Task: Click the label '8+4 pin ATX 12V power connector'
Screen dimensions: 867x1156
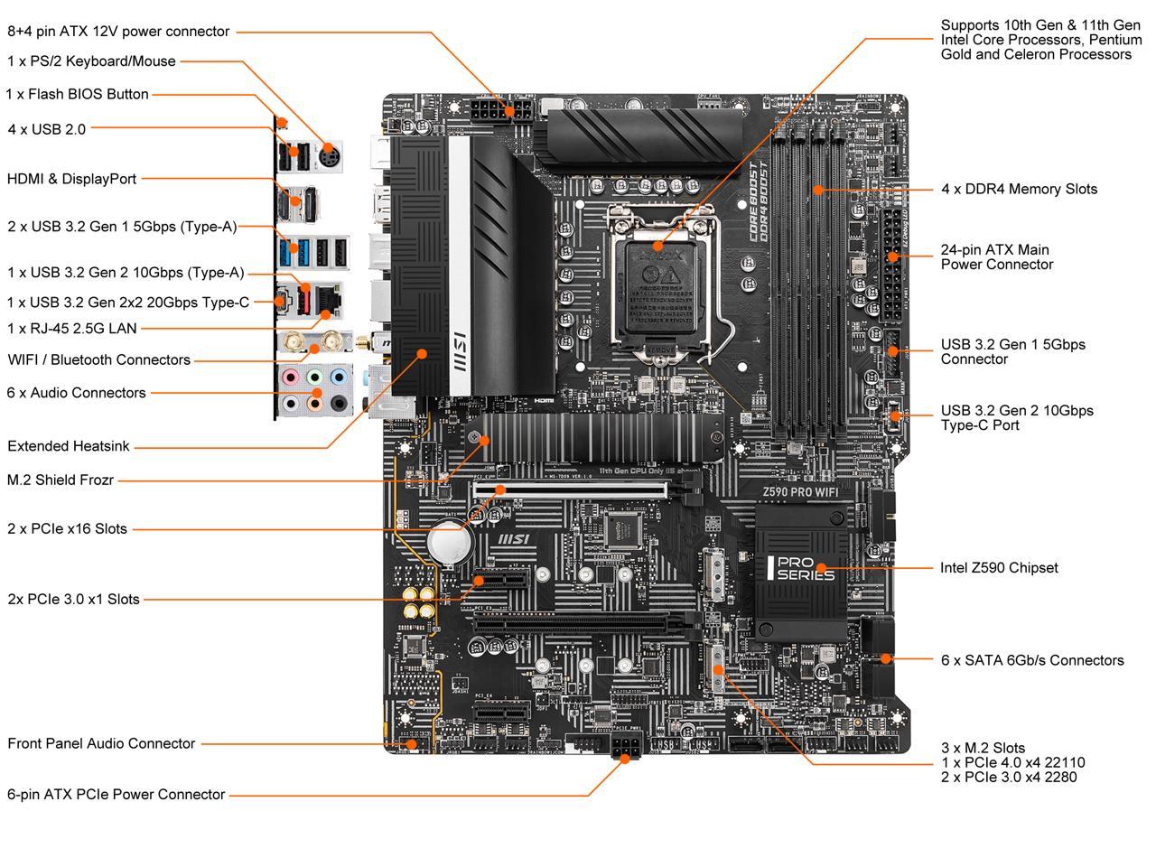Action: pos(118,32)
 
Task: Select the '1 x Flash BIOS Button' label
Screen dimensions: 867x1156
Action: pos(77,94)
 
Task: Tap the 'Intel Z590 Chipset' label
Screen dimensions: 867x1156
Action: pos(999,568)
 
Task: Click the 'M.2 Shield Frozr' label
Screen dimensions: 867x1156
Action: pos(61,480)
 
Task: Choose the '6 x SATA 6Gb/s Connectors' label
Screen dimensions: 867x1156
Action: pos(1032,660)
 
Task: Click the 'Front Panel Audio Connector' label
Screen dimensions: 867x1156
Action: pos(101,743)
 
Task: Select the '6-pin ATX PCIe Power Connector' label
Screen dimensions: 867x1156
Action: pos(116,795)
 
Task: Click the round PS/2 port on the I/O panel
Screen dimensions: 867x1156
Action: pos(326,152)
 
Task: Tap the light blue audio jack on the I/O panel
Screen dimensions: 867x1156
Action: pos(339,376)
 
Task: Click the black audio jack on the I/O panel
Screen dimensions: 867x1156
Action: pos(339,403)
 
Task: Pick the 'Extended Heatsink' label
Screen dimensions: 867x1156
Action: pos(69,446)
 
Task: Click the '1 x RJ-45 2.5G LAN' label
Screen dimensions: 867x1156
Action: pos(72,329)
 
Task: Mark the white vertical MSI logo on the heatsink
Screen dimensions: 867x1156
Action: pos(459,353)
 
